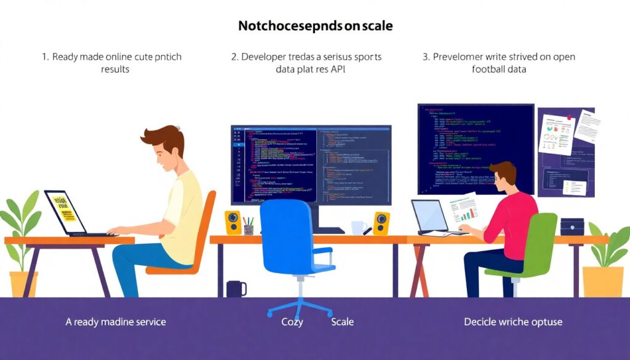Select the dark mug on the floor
point(236,289)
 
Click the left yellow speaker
point(233,222)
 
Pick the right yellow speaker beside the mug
point(381,223)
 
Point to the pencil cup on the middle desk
point(249,226)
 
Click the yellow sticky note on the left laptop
point(64,209)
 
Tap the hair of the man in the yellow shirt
point(165,138)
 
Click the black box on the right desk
point(572,226)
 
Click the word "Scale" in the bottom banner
point(342,322)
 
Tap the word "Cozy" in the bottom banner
point(292,322)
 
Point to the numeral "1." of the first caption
point(46,57)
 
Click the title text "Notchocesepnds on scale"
point(315,26)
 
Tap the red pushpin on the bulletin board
point(569,116)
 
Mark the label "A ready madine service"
point(116,322)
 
